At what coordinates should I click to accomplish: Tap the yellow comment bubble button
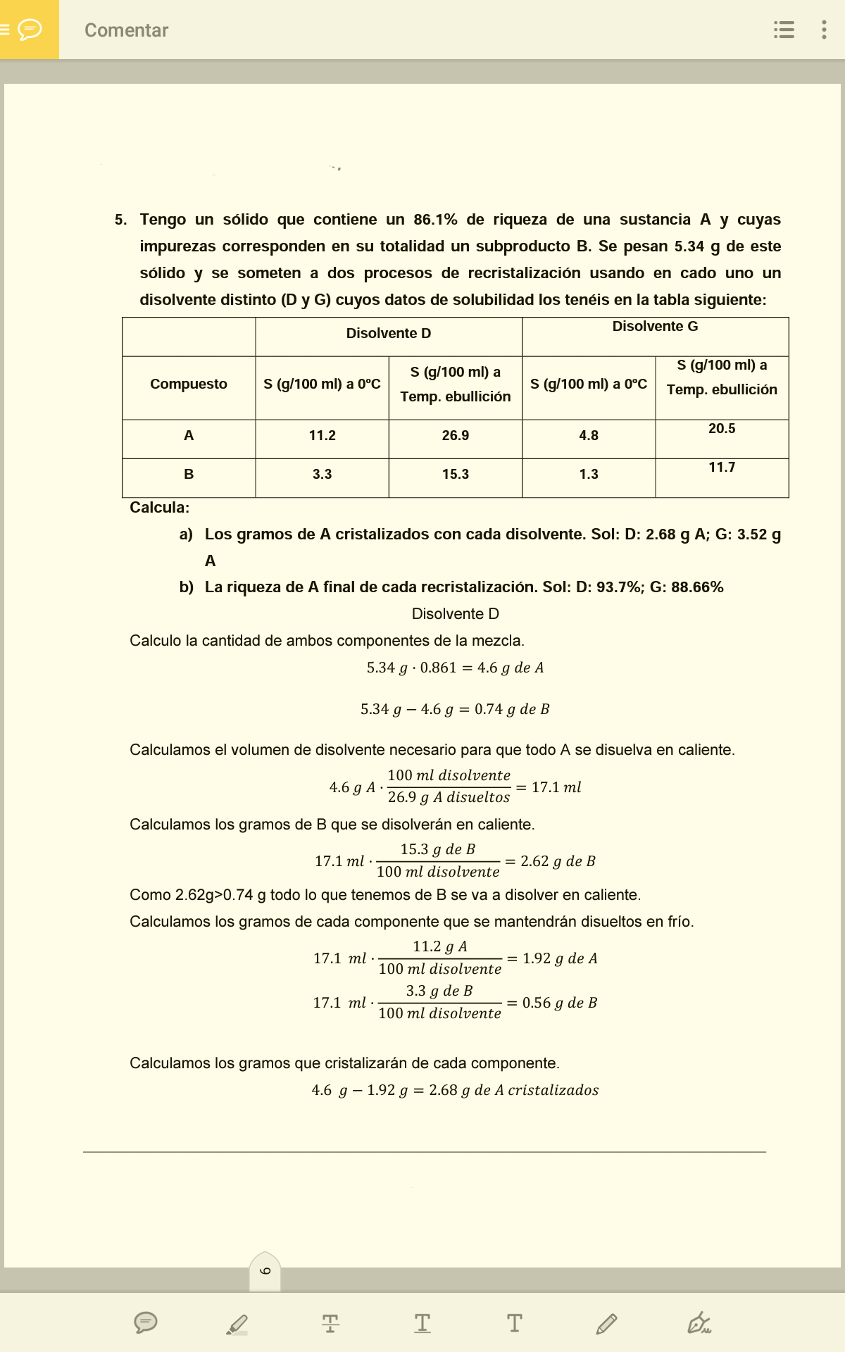tap(29, 30)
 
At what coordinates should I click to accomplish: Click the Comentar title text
tap(126, 30)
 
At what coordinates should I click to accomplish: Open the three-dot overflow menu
tap(824, 30)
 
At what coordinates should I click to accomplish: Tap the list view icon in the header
tap(784, 30)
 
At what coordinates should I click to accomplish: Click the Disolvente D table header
tap(388, 334)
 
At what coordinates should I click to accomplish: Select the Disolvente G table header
tap(655, 327)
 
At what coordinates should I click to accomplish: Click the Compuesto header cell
tap(189, 384)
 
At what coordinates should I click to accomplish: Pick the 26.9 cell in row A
tap(455, 436)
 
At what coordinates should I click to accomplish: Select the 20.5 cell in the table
tap(722, 429)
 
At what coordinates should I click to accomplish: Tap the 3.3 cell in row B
tap(322, 475)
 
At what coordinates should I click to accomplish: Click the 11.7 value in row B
tap(722, 468)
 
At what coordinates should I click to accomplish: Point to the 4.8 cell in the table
tap(589, 436)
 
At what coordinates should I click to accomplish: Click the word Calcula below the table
tap(159, 508)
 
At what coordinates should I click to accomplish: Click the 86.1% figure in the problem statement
tap(435, 220)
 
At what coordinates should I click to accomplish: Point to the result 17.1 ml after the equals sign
tap(556, 787)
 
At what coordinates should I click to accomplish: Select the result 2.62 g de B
tap(558, 861)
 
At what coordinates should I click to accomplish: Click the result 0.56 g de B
tap(560, 1003)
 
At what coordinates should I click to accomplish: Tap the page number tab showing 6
tap(265, 1272)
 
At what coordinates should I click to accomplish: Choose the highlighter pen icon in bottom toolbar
tap(237, 1324)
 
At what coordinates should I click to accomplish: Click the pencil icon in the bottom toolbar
tap(606, 1324)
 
